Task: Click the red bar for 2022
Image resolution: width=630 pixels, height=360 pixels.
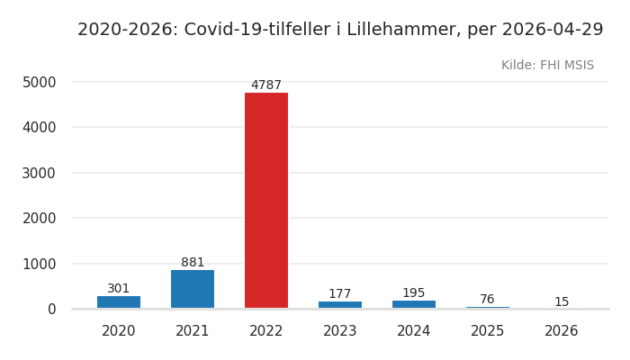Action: pyautogui.click(x=266, y=200)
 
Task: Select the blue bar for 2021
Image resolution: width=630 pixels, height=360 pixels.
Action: pyautogui.click(x=193, y=289)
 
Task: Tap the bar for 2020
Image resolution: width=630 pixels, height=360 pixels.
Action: pyautogui.click(x=119, y=302)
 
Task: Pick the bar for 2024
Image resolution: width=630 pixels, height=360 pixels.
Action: pyautogui.click(x=414, y=304)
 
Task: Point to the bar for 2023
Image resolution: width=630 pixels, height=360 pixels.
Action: pyautogui.click(x=340, y=305)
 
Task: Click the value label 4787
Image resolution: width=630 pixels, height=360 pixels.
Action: pyautogui.click(x=266, y=85)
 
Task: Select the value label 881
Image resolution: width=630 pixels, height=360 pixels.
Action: pyautogui.click(x=193, y=263)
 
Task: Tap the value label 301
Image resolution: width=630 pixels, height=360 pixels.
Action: pyautogui.click(x=119, y=289)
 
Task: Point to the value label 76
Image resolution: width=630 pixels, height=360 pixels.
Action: pyautogui.click(x=488, y=300)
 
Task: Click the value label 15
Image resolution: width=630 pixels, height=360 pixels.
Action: pyautogui.click(x=562, y=302)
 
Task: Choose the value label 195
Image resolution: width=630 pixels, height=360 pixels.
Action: pyautogui.click(x=414, y=293)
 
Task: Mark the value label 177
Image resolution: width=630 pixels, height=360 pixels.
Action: pyautogui.click(x=340, y=294)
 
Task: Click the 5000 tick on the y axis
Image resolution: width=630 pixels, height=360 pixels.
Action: pyautogui.click(x=39, y=82)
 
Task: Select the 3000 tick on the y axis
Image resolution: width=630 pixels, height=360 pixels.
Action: pyautogui.click(x=39, y=173)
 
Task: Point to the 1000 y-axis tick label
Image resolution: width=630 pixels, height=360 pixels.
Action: pyautogui.click(x=39, y=264)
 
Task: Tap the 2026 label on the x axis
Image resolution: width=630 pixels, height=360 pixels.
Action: pyautogui.click(x=562, y=331)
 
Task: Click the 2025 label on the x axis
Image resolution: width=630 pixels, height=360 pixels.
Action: pyautogui.click(x=488, y=331)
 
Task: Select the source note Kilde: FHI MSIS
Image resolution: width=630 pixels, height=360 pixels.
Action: pyautogui.click(x=547, y=66)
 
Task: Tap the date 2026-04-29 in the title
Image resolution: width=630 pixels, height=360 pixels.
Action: pyautogui.click(x=553, y=30)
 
